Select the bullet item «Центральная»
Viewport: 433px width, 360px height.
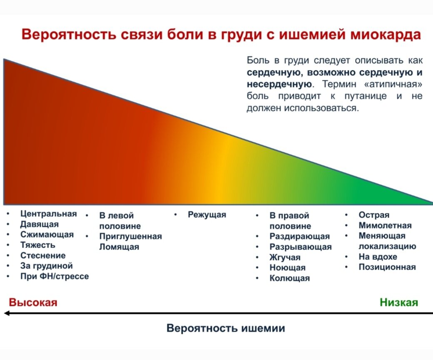point(48,214)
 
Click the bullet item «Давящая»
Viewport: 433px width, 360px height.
point(40,224)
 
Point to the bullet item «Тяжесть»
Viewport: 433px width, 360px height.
point(37,245)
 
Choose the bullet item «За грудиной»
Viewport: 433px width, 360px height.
point(46,266)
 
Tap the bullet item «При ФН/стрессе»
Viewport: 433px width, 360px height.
point(55,276)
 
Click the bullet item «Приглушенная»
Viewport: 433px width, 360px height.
point(130,236)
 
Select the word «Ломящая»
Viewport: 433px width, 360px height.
point(119,247)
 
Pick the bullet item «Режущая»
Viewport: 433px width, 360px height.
point(207,215)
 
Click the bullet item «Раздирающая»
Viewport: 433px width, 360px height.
point(299,237)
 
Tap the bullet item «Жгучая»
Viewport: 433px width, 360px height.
point(285,257)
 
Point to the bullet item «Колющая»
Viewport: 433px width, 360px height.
point(289,278)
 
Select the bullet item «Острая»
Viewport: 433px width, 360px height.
point(374,215)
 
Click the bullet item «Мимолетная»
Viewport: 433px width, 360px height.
point(385,225)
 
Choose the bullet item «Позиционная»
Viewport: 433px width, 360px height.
point(387,267)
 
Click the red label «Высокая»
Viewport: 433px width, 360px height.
point(33,302)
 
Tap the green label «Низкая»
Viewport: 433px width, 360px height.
point(398,302)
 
